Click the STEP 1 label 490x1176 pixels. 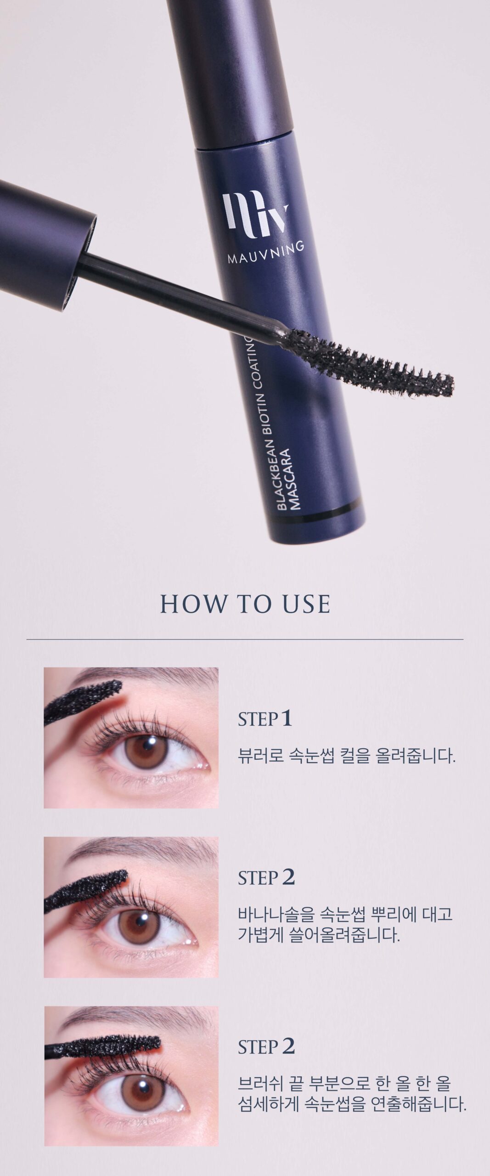point(265,719)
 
